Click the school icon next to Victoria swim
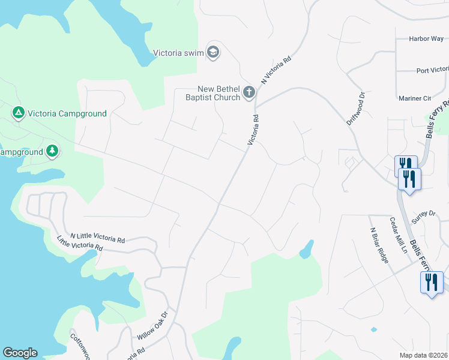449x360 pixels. tap(212, 53)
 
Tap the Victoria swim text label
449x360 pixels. tap(179, 53)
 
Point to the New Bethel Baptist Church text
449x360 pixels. tap(212, 93)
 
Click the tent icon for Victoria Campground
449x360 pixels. tap(18, 113)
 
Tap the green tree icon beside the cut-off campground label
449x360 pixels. tap(53, 151)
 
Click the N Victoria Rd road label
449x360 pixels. tap(276, 70)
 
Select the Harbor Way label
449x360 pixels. tap(426, 39)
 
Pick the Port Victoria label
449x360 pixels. tap(432, 70)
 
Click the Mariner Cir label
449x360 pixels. tap(415, 98)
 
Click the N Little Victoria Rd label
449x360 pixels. tap(97, 238)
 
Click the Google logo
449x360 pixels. tap(20, 353)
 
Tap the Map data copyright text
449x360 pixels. tap(424, 355)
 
